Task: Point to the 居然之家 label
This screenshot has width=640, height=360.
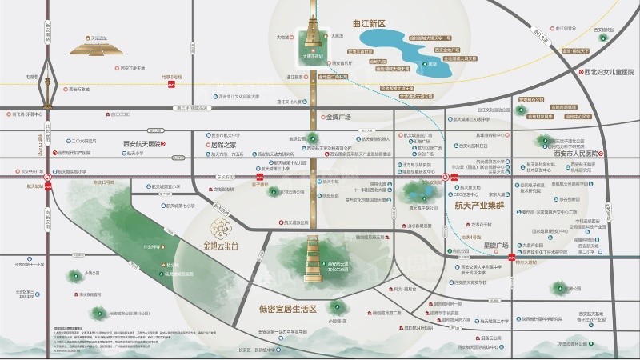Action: point(221,145)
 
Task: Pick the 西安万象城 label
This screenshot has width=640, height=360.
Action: point(83,89)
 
